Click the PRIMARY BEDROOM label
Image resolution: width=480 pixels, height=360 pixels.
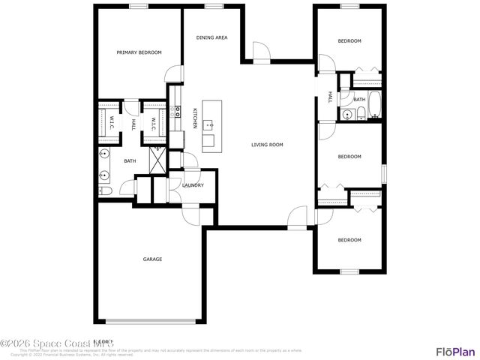[x=139, y=52]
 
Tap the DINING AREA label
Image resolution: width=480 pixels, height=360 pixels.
[x=212, y=37]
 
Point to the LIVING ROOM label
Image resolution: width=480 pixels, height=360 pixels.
[x=266, y=145]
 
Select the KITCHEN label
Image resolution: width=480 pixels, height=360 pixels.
[x=195, y=118]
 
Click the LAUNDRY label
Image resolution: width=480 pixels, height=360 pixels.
[x=193, y=184]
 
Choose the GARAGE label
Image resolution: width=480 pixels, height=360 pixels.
[x=153, y=259]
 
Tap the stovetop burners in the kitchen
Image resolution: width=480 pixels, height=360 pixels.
[x=178, y=112]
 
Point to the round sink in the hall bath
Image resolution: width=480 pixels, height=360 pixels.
[x=347, y=115]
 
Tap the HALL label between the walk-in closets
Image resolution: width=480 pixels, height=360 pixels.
[x=133, y=123]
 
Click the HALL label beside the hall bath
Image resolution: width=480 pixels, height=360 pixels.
[x=330, y=97]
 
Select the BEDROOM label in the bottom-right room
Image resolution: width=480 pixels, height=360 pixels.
[x=349, y=240]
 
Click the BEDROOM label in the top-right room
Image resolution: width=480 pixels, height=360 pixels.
[x=349, y=40]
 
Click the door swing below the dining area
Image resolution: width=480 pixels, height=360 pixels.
[x=259, y=51]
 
